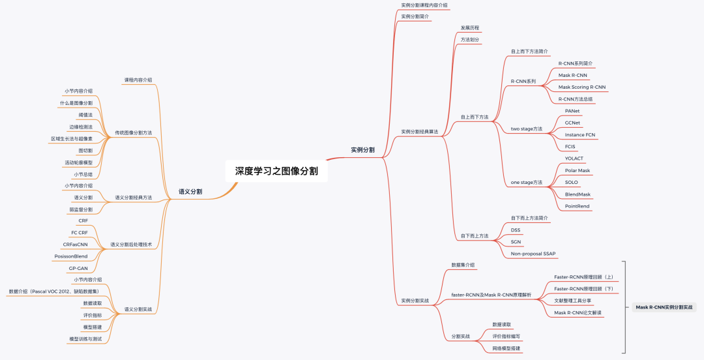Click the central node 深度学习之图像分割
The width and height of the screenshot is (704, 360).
[277, 172]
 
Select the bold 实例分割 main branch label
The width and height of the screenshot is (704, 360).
[362, 150]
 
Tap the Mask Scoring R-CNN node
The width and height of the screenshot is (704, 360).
[581, 87]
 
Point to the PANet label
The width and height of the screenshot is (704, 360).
[572, 111]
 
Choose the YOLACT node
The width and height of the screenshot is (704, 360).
[574, 158]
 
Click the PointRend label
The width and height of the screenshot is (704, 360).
[577, 206]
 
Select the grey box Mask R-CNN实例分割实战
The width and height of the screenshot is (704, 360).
[664, 307]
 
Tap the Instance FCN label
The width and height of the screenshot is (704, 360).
[579, 134]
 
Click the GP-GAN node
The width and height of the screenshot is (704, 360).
[78, 268]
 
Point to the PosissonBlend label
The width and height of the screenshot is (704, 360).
[71, 256]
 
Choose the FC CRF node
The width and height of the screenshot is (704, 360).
[80, 233]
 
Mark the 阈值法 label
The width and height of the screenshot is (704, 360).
[85, 115]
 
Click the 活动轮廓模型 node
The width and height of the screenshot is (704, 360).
[79, 162]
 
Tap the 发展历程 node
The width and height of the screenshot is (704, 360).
[470, 28]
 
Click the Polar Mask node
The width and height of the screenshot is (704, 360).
[577, 170]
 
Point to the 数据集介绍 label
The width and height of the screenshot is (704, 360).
[463, 265]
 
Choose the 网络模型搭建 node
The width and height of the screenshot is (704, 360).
[506, 348]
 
